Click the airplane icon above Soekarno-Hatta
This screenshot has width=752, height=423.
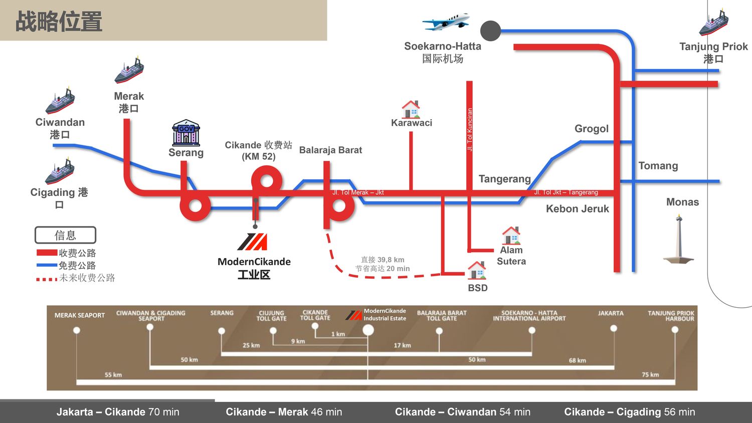pos(446,22)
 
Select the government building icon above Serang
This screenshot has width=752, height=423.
pos(186,133)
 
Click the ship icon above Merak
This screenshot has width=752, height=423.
pos(129,71)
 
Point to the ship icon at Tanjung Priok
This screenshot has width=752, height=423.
pos(714,23)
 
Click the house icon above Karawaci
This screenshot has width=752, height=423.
pos(411,109)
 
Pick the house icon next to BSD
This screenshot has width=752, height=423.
pos(477,271)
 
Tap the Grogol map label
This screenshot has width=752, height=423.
pos(592,129)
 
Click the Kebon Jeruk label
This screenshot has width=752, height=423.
pos(578,209)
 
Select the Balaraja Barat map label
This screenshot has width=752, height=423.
pos(330,150)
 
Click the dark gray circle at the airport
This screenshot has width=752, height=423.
pos(490,31)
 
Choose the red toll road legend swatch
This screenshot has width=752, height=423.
pos(47,253)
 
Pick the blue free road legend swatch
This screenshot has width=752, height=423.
pos(47,265)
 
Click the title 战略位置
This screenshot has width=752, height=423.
pos(59,22)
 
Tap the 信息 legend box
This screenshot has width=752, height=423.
pos(65,235)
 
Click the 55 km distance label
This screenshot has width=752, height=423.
pos(113,375)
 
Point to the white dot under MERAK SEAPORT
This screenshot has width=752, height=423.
pos(77,330)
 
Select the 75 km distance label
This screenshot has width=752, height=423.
pos(650,375)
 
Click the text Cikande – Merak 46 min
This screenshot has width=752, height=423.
pos(284,412)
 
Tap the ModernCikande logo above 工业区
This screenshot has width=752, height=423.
pos(253,242)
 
